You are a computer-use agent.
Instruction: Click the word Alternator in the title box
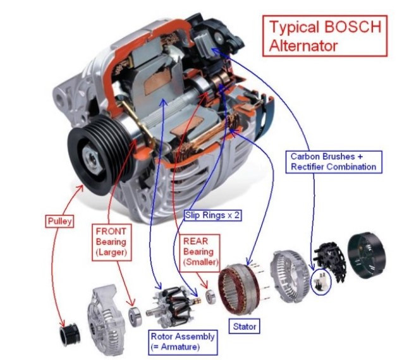(303, 45)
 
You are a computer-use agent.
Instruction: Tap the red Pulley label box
(60, 221)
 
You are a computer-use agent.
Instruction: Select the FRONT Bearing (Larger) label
(111, 242)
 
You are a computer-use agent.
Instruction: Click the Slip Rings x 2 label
(212, 215)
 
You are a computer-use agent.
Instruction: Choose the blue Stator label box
(245, 326)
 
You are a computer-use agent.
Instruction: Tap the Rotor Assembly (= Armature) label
(183, 342)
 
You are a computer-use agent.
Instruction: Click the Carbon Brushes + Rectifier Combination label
(334, 162)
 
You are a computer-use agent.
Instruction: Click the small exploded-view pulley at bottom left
(70, 335)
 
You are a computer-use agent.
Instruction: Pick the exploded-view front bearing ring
(135, 316)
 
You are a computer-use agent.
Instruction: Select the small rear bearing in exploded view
(210, 296)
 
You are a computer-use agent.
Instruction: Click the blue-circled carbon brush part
(321, 281)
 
